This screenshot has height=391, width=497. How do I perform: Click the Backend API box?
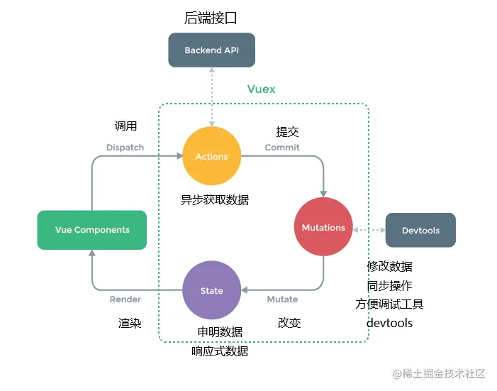click(211, 50)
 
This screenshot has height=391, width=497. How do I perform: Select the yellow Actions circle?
click(211, 157)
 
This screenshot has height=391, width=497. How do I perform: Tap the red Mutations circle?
click(323, 228)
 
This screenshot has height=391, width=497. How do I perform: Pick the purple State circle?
click(211, 291)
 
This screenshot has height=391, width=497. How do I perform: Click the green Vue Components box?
click(92, 230)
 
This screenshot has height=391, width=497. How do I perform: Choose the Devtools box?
click(420, 231)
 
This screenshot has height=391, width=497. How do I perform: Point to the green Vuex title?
click(262, 89)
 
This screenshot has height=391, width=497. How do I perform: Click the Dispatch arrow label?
click(125, 148)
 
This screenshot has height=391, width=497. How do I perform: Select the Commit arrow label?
click(282, 148)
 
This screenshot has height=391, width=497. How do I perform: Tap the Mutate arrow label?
click(282, 299)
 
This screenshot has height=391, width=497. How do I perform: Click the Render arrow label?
click(125, 299)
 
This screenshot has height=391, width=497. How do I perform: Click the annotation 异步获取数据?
click(215, 200)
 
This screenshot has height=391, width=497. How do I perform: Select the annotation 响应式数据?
click(220, 351)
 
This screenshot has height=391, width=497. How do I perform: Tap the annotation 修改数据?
click(389, 267)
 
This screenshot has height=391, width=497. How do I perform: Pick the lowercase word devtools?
click(389, 323)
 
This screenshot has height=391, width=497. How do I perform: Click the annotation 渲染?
click(130, 323)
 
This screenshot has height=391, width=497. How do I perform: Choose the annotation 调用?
click(125, 126)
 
